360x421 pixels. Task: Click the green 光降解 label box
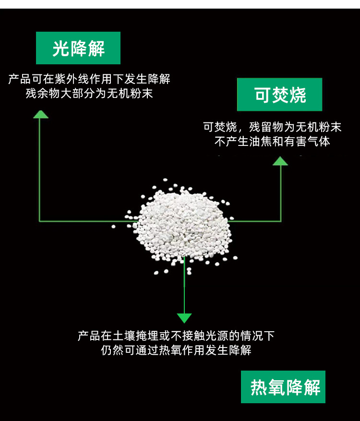pyautogui.click(x=78, y=48)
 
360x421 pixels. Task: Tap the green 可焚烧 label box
pyautogui.click(x=280, y=95)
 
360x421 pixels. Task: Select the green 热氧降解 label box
pyautogui.click(x=283, y=387)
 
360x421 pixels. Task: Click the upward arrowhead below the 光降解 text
pyautogui.click(x=40, y=114)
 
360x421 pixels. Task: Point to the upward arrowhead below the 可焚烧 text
pyautogui.click(x=280, y=161)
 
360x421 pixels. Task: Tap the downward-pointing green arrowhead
pyautogui.click(x=184, y=318)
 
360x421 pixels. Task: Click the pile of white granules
pyautogui.click(x=185, y=223)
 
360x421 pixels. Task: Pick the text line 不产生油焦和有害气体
pyautogui.click(x=272, y=142)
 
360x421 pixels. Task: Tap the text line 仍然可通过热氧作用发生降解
pyautogui.click(x=176, y=350)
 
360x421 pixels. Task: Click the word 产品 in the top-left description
pyautogui.click(x=20, y=79)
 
